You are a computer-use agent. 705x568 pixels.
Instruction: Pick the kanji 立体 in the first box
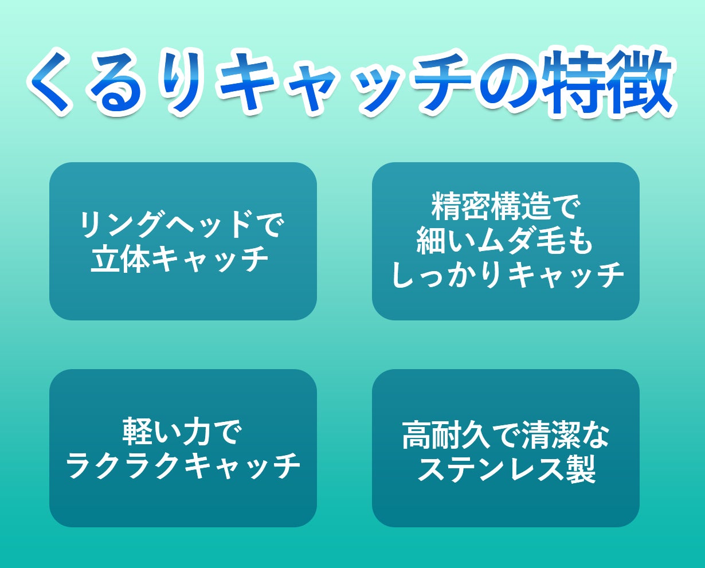tap(120, 260)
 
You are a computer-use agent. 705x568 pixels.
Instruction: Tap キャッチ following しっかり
tap(564, 276)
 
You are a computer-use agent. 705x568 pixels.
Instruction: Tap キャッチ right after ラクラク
tap(242, 467)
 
